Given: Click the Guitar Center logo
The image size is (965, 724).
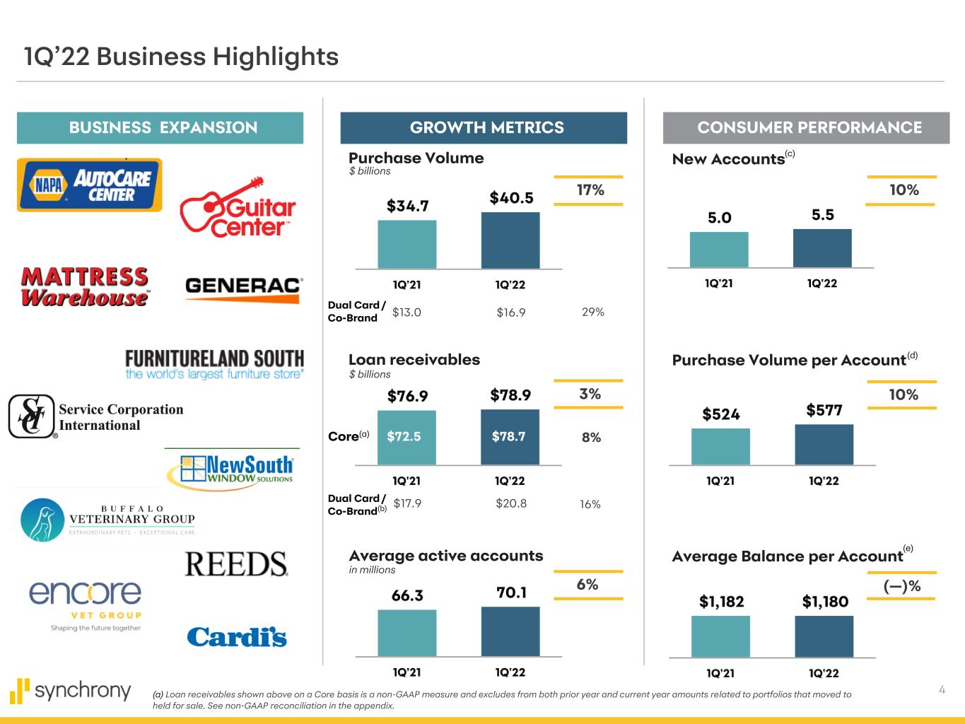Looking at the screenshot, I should click(238, 208).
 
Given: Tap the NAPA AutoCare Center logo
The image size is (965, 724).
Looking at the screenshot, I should click(90, 185).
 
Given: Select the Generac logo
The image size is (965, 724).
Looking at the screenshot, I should click(243, 289).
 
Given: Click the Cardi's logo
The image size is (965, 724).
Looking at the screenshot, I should click(237, 636).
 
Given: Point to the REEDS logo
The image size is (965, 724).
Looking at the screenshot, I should click(236, 564).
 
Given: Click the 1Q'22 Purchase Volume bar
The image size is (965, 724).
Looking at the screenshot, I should click(510, 240).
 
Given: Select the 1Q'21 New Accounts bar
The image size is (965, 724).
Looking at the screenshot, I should click(719, 250).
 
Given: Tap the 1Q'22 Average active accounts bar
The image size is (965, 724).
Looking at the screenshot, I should click(510, 631).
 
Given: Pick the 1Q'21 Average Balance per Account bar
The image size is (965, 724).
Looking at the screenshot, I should click(720, 636).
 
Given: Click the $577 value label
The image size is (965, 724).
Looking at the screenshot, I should click(824, 410).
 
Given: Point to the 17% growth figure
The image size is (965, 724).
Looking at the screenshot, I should click(590, 190).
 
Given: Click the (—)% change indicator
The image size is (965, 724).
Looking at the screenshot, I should click(901, 586).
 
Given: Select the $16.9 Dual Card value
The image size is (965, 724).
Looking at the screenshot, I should click(511, 313).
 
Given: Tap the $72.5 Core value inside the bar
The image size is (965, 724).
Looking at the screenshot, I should click(404, 437).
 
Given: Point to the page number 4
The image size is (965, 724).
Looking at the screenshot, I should click(942, 690).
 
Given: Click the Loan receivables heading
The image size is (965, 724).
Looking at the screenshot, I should click(414, 360).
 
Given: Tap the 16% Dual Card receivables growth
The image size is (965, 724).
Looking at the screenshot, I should click(590, 504).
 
